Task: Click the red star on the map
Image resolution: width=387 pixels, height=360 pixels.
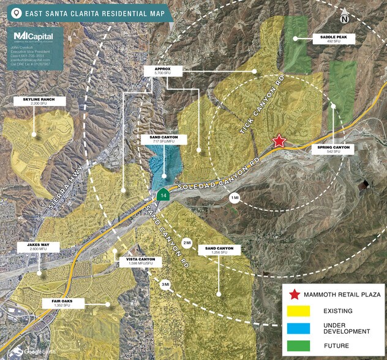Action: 279,141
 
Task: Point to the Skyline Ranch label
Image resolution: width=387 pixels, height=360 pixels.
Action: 31,102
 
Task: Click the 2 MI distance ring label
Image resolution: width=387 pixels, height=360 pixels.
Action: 187,242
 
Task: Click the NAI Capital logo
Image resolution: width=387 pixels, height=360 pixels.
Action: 34,37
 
